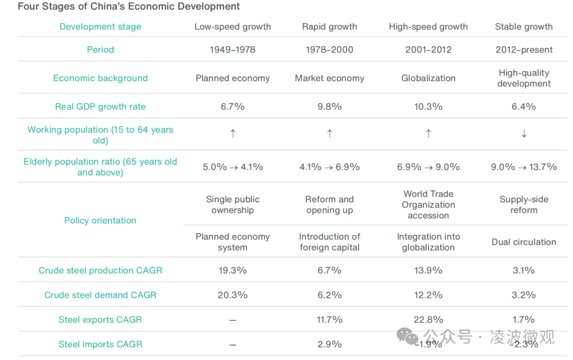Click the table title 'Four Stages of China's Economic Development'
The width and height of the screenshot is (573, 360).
(128, 7)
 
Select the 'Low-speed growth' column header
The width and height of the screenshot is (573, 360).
(232, 27)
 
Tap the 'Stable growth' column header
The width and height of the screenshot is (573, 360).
(524, 27)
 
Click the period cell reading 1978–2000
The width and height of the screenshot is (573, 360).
(329, 50)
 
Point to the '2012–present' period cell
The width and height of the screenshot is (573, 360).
(524, 50)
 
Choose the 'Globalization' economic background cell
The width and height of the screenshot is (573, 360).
(428, 78)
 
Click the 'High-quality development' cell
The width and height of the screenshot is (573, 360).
(524, 78)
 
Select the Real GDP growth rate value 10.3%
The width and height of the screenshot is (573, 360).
(428, 107)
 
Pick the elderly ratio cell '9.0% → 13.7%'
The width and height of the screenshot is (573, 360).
(524, 167)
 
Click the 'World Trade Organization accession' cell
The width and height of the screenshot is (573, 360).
(428, 204)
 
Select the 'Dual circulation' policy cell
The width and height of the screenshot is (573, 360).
(524, 242)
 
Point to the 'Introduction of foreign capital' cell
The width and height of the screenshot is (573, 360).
(329, 242)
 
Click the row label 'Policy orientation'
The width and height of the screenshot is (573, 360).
(100, 220)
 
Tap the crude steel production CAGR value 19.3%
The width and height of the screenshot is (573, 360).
(232, 270)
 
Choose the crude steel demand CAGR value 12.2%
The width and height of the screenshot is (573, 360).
(428, 295)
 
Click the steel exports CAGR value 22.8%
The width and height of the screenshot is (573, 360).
(428, 320)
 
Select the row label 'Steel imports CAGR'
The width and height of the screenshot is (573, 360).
(100, 344)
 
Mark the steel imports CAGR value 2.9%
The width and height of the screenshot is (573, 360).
(329, 344)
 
